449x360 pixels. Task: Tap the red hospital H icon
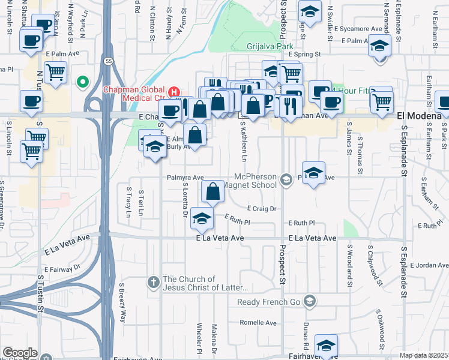click(x=174, y=92)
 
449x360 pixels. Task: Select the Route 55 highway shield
click(x=107, y=61)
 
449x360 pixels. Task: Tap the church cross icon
click(x=154, y=281)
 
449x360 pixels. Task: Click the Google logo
click(x=19, y=353)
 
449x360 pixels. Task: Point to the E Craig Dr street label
click(x=261, y=209)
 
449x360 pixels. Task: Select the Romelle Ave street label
click(x=258, y=322)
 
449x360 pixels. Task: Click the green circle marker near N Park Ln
click(x=83, y=82)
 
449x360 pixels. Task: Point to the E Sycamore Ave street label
click(x=358, y=28)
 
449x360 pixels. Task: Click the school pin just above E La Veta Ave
click(x=202, y=220)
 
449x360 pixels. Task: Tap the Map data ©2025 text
click(x=424, y=355)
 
